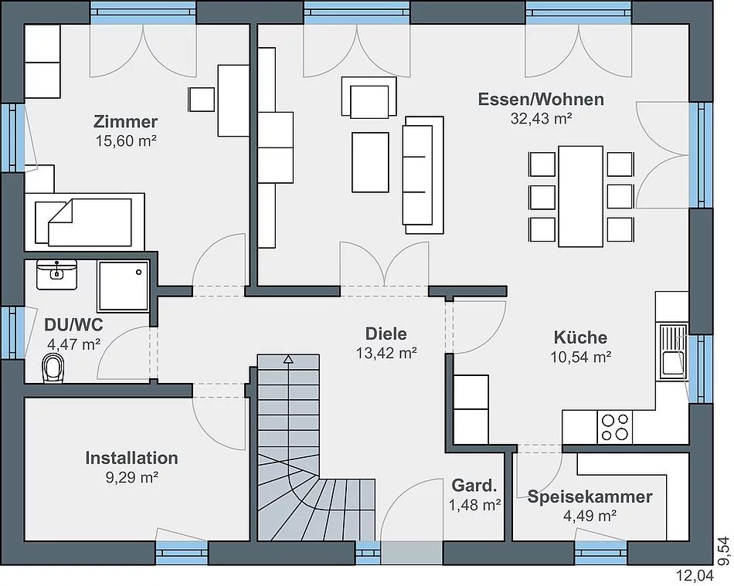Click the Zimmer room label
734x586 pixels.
tap(125, 121)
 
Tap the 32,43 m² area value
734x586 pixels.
tap(541, 119)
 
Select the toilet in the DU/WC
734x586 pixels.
tap(53, 368)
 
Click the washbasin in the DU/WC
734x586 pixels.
tap(56, 275)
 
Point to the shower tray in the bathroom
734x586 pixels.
tap(123, 286)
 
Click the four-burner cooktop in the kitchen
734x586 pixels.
tap(615, 426)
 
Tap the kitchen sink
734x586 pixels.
tap(674, 351)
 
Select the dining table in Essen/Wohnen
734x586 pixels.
tap(580, 196)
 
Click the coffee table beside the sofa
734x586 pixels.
tap(370, 162)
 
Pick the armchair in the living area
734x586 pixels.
tap(369, 97)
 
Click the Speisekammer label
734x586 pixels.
tap(590, 496)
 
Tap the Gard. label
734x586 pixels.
tap(474, 486)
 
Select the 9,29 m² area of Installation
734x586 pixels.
tap(131, 477)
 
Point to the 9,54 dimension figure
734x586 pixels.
tap(724, 550)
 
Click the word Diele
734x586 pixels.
tap(386, 334)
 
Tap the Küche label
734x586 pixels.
tap(580, 337)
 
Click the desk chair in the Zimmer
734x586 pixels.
tap(202, 99)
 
